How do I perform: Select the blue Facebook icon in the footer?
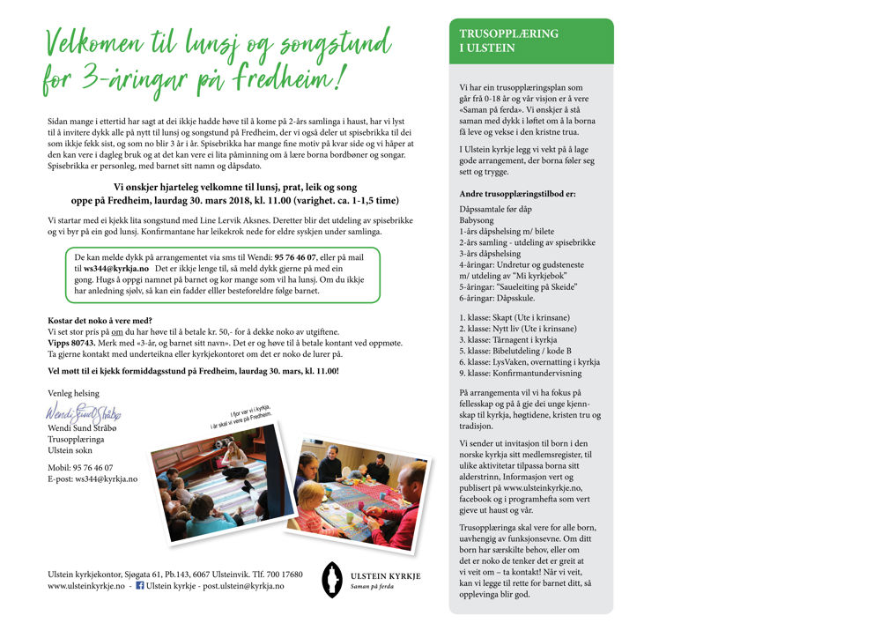pos(139,585)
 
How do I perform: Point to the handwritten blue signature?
pos(84,412)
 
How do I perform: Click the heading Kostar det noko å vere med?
pos(100,320)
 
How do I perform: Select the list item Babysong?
pos(477,220)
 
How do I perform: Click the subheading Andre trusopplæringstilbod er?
pos(517,193)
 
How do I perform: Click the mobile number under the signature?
pos(80,467)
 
